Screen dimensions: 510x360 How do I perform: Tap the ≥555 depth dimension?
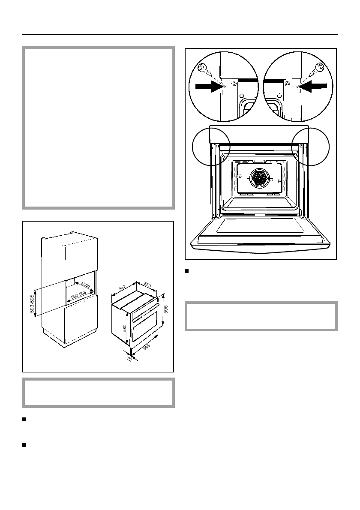(x=83, y=287)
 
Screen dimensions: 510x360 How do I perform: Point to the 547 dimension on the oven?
(x=122, y=287)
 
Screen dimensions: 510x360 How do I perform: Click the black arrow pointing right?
(x=208, y=86)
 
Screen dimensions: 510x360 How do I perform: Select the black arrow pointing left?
(x=315, y=86)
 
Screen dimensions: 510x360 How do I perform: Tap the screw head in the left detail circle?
(x=202, y=67)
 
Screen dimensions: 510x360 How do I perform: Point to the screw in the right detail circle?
(x=319, y=67)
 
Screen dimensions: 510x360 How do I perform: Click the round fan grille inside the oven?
(x=259, y=177)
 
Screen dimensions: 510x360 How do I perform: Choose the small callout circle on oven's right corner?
(x=310, y=145)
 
